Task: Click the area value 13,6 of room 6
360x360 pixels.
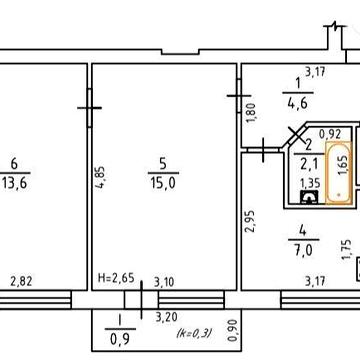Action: tap(15, 183)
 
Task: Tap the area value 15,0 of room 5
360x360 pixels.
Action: tap(163, 183)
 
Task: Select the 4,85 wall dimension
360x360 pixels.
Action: tap(100, 178)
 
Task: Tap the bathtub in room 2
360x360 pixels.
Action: tap(338, 172)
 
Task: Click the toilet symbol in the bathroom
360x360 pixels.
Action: tap(310, 197)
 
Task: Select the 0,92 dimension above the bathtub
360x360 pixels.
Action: tap(330, 134)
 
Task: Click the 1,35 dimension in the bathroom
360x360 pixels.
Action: tap(310, 183)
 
